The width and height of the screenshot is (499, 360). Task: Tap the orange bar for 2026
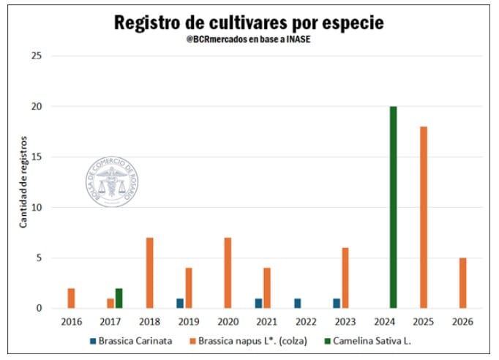point(462,282)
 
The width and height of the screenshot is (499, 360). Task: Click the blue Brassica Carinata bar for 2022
point(297,303)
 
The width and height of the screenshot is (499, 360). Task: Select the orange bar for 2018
point(149,272)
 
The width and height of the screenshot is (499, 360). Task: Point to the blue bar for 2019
point(179,303)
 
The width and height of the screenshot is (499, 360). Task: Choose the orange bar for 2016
point(71,298)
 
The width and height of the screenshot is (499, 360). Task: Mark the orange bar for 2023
point(345,277)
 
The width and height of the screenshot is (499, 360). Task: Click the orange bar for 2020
point(228,272)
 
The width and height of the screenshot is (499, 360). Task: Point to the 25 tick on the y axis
point(36,56)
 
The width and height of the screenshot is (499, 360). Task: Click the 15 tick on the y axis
point(36,157)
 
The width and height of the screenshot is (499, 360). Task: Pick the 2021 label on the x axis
point(268,321)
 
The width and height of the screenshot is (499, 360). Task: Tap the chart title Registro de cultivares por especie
point(249,23)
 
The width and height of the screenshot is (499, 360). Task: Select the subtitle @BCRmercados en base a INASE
point(249,40)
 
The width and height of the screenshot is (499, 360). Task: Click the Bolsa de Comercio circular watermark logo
point(112,181)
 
